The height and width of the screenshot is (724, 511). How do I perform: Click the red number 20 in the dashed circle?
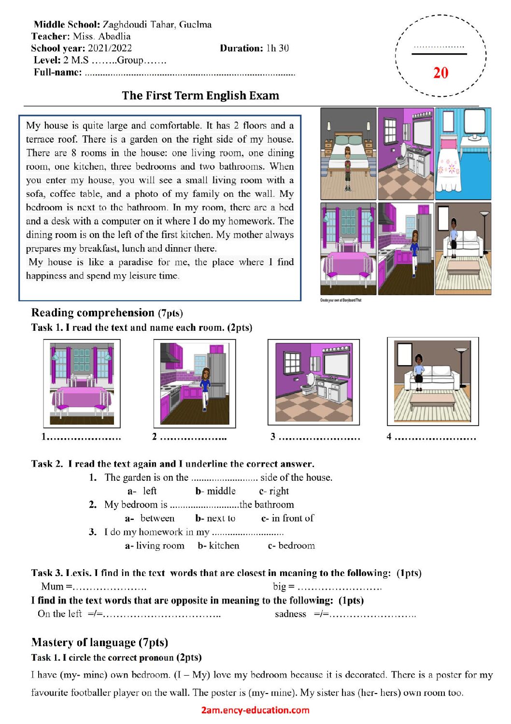pos(440,73)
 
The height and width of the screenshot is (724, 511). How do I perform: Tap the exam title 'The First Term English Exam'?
pos(200,96)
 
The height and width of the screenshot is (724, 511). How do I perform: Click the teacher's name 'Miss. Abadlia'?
pos(102,36)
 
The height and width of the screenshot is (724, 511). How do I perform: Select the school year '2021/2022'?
pos(110,48)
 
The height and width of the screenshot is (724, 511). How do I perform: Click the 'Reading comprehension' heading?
pos(93,312)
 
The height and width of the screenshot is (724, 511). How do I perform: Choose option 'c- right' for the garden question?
pos(274,491)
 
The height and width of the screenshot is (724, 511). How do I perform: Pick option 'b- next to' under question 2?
pos(215,518)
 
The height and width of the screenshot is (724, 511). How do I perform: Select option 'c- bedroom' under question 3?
pos(291,546)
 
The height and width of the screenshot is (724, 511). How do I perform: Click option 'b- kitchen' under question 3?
pos(218,546)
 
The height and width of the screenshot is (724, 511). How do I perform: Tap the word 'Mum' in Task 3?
pos(52,586)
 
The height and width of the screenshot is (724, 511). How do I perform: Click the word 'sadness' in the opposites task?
pos(290,614)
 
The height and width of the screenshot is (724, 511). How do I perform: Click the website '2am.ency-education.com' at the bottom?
pos(255,710)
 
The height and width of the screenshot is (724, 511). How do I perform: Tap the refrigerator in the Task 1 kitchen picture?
pos(216,375)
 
